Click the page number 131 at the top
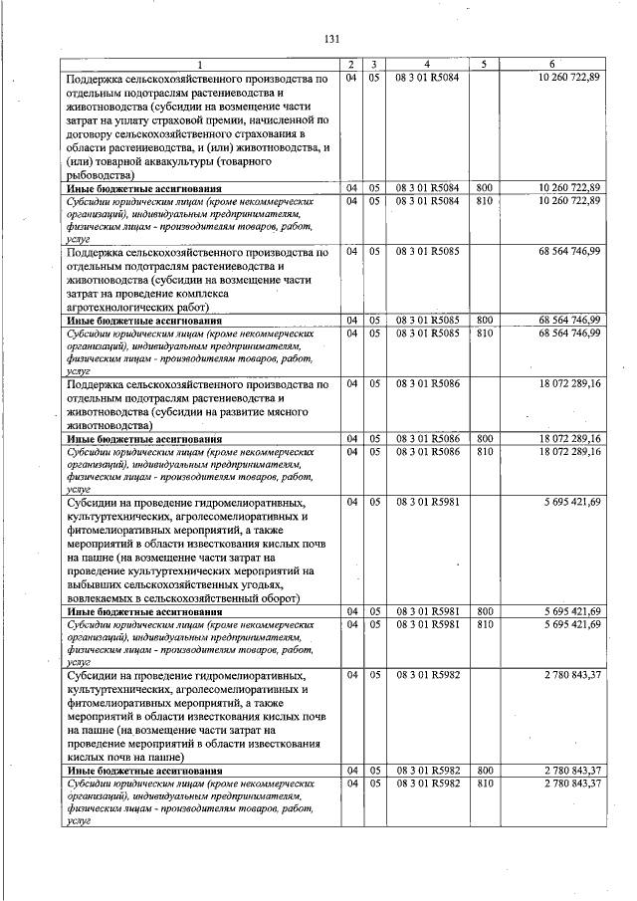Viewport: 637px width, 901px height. pos(332,39)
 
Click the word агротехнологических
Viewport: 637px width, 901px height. pos(131,308)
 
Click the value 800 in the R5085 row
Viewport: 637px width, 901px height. pos(485,320)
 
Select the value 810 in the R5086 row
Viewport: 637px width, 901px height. pos(485,452)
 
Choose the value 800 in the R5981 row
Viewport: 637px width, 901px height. pos(485,611)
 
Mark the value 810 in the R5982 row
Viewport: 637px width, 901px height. pos(485,784)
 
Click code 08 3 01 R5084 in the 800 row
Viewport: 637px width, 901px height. pos(426,187)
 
